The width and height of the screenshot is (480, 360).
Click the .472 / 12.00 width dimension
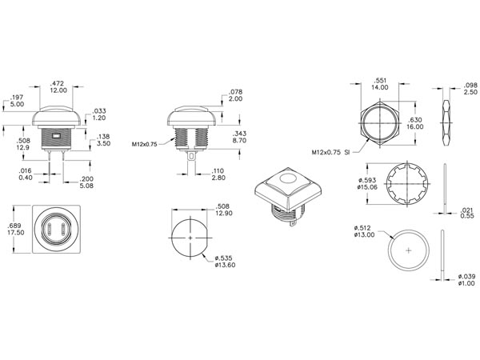point(58,86)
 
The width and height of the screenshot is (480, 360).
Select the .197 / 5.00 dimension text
point(17,101)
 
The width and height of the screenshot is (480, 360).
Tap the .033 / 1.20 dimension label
point(99,114)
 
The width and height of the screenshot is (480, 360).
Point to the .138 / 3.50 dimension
point(103,140)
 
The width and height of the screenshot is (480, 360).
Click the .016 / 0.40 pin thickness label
point(25,174)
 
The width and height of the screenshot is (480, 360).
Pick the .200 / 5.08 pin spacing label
point(86,182)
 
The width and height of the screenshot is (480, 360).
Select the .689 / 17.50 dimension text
point(16,229)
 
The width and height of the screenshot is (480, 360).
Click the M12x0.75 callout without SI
point(145,144)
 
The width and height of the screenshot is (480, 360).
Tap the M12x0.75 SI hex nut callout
point(330,152)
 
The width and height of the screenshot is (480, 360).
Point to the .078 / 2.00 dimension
point(235,95)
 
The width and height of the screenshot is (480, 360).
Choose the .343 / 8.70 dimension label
point(239,137)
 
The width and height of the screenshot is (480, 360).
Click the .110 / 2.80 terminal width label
point(218,174)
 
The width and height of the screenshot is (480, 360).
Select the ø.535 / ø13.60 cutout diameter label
point(225,262)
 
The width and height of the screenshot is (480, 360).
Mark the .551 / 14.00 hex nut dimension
point(380,84)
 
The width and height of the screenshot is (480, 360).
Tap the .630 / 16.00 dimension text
point(414,123)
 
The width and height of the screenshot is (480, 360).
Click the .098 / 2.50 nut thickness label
point(470,89)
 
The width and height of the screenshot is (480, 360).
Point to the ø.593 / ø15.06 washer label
point(367,184)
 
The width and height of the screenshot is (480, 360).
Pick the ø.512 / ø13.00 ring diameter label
point(364,231)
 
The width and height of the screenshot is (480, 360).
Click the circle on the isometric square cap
point(288,178)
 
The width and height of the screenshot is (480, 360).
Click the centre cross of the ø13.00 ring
point(409,250)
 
